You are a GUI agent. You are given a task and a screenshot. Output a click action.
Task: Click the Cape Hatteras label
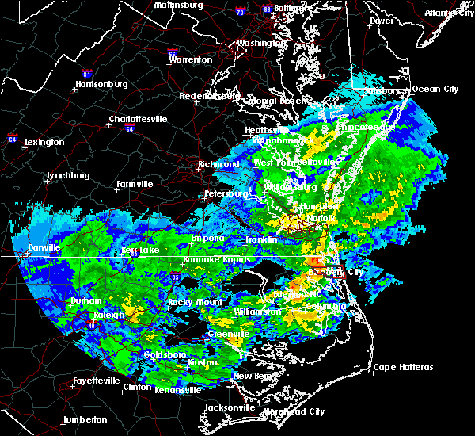(403, 367)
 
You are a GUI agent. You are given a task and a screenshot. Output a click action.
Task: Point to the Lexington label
(44, 142)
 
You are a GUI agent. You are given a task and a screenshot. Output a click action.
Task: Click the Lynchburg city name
(69, 175)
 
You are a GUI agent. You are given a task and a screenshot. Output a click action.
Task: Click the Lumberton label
(85, 419)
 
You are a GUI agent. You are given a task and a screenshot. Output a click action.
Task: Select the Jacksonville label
(230, 407)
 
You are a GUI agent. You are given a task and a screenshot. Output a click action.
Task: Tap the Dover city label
(382, 21)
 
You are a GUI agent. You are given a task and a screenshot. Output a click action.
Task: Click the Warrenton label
(191, 59)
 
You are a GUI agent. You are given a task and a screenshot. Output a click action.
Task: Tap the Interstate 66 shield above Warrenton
(173, 48)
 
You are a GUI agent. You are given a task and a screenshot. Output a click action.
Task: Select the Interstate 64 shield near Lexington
(13, 136)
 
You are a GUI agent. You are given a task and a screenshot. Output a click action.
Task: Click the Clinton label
(139, 388)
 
